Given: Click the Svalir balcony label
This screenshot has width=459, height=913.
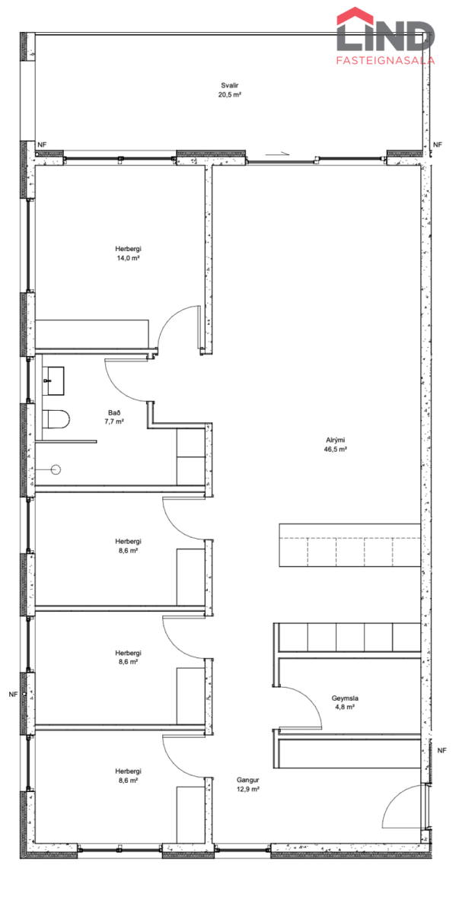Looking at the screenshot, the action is click(x=230, y=85).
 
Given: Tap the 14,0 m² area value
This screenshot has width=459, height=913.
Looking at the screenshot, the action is click(x=128, y=258).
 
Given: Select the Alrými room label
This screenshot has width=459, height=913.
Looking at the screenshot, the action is click(x=335, y=441).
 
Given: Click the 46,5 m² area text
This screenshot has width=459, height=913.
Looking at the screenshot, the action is click(x=335, y=449).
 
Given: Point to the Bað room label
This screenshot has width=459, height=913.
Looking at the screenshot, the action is click(x=114, y=413).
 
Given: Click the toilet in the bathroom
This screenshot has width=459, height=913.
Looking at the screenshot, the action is click(x=56, y=419).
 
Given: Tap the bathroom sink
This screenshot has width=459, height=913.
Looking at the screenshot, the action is click(x=53, y=380).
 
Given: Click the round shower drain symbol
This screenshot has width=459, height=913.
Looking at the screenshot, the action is click(x=56, y=469).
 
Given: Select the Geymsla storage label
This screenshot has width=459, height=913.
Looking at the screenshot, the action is click(x=345, y=698).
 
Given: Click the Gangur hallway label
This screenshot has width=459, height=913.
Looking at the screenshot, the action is click(x=248, y=780).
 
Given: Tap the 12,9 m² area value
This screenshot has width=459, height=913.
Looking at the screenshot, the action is click(x=248, y=789).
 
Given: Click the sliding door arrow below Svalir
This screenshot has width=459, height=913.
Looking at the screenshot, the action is click(x=277, y=154).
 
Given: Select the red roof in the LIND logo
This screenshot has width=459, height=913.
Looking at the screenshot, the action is click(x=355, y=16).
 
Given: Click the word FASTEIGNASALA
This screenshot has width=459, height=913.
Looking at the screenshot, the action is click(x=385, y=60).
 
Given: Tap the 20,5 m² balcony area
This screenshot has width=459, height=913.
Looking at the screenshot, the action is click(x=230, y=94).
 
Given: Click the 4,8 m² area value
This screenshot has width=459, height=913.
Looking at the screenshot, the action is click(x=345, y=707).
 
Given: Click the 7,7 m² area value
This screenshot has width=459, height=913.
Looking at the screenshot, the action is click(x=114, y=422).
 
